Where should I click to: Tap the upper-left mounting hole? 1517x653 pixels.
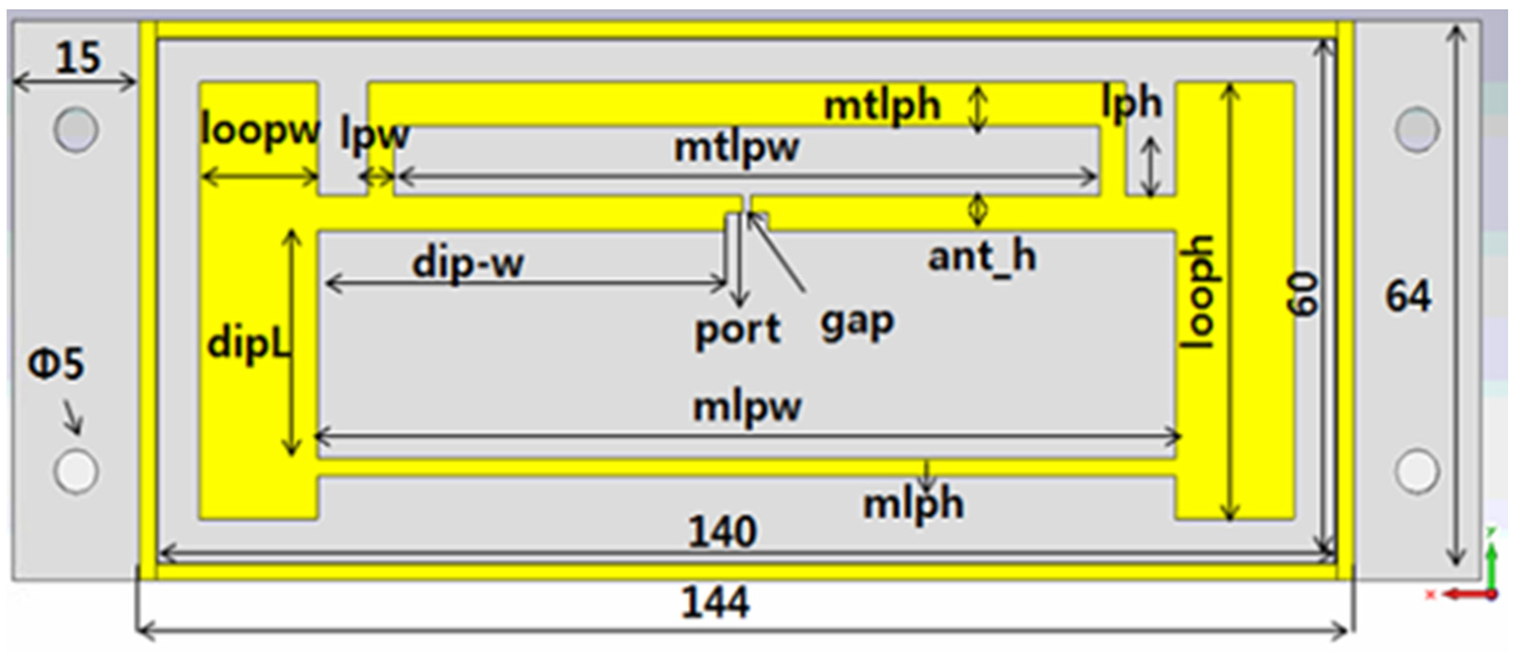point(76,129)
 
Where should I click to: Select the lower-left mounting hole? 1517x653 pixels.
point(76,471)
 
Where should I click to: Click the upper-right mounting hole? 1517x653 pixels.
point(1417,129)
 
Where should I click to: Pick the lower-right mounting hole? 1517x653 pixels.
point(1417,471)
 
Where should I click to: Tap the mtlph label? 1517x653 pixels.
point(881,106)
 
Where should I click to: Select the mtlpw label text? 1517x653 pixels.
point(737,147)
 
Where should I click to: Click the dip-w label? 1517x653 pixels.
point(468,263)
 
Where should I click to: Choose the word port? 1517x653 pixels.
point(738,330)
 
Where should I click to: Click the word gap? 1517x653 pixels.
point(857,323)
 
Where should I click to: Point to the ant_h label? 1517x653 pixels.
point(982,257)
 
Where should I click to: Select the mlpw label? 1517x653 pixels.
point(747,406)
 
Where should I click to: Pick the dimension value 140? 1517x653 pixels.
point(722,532)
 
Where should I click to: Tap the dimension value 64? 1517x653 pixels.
point(1407,296)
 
